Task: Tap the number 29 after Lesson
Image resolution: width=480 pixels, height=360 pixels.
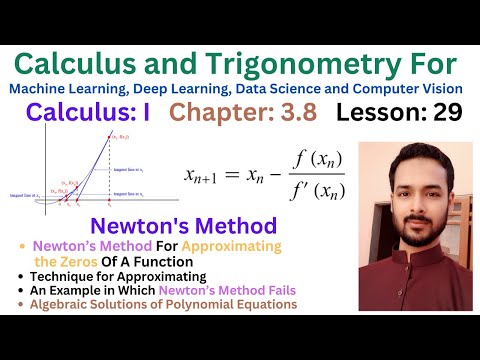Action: [439, 112]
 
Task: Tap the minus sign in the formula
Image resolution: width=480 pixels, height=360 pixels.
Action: [301, 174]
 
